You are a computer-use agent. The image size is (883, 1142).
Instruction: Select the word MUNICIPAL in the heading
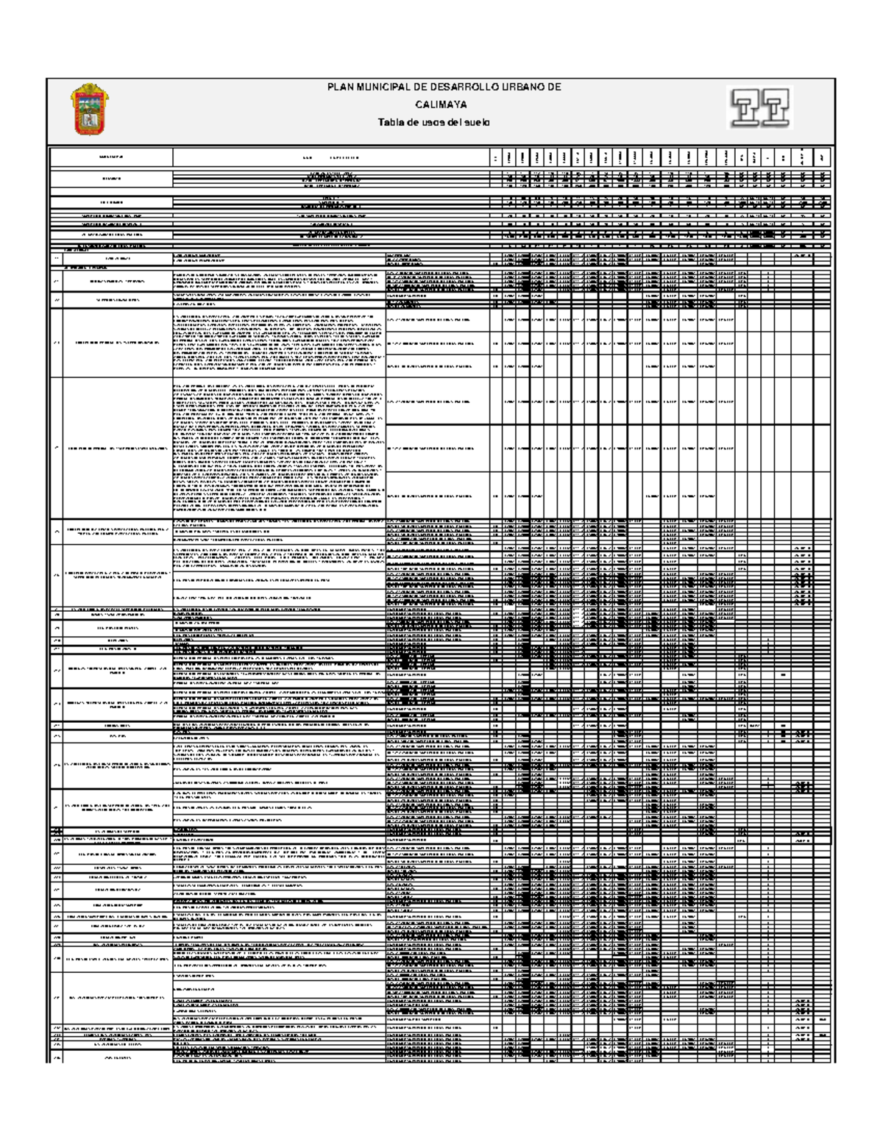click(x=380, y=88)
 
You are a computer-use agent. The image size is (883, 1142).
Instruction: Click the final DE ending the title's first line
click(x=554, y=88)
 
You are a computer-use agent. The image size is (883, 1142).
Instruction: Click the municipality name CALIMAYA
click(x=441, y=105)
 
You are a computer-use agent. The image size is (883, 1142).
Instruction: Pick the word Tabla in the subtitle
click(x=391, y=123)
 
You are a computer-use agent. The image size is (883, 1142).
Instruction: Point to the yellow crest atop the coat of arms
click(x=90, y=89)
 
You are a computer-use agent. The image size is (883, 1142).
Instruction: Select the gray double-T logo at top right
click(x=760, y=108)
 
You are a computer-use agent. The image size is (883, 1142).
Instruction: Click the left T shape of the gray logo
click(x=745, y=108)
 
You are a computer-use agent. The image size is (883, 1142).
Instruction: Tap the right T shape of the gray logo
click(x=776, y=108)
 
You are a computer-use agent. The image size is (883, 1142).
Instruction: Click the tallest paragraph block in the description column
click(x=279, y=448)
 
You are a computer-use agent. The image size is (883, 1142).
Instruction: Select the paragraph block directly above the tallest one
click(x=279, y=342)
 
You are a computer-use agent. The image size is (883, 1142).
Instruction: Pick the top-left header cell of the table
click(x=110, y=157)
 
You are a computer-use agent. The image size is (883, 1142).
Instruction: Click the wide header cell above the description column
click(x=331, y=157)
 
